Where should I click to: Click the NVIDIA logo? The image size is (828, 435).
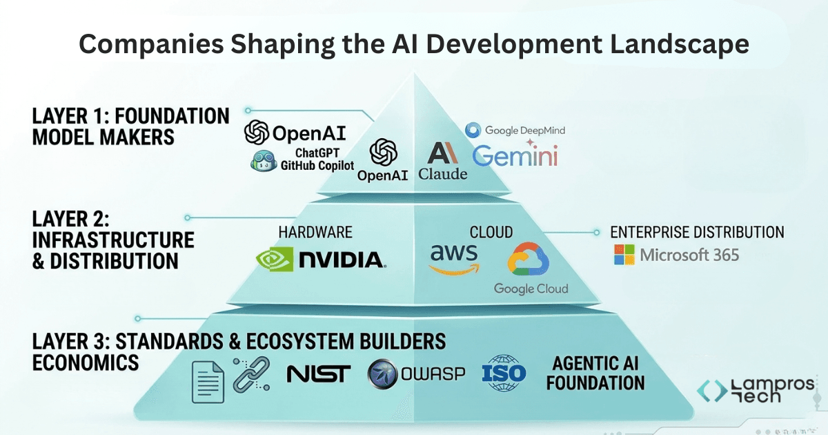coord(321,259)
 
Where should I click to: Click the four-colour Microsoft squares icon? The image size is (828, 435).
coord(624,254)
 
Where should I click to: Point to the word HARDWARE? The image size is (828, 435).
coord(315,232)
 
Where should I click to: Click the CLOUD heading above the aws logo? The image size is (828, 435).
coord(491,232)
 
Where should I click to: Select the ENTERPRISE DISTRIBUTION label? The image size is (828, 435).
coord(697,232)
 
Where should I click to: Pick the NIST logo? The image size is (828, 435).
coord(318,374)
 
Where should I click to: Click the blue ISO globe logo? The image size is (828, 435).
coord(504,374)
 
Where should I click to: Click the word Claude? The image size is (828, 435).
coord(443,174)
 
